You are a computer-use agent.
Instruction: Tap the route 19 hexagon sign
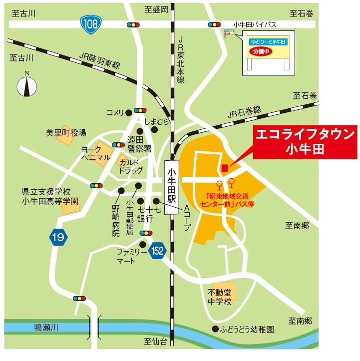(x=58, y=238)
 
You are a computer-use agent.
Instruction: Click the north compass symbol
(x=27, y=85)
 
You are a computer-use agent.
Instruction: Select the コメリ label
(x=114, y=112)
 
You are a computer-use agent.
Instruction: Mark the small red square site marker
(x=225, y=167)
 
